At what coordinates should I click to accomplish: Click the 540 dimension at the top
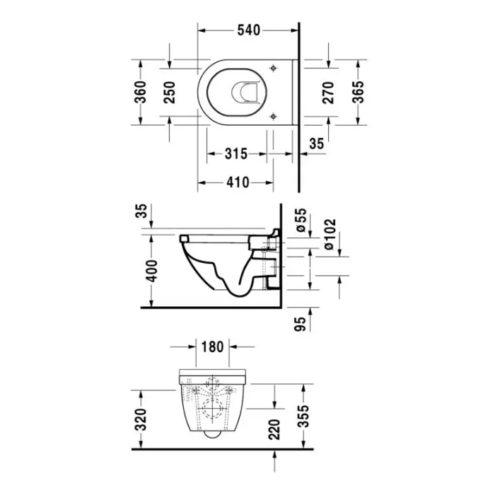click(x=248, y=30)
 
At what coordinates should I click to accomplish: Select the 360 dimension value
click(x=141, y=93)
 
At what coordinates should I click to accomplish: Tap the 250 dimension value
click(x=170, y=93)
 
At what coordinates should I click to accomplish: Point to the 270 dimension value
click(x=329, y=93)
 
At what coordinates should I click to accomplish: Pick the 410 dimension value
click(x=237, y=182)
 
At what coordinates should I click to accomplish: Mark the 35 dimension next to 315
click(x=316, y=144)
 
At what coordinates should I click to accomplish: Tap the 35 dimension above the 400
click(x=141, y=212)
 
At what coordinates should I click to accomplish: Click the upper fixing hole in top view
click(x=272, y=68)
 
